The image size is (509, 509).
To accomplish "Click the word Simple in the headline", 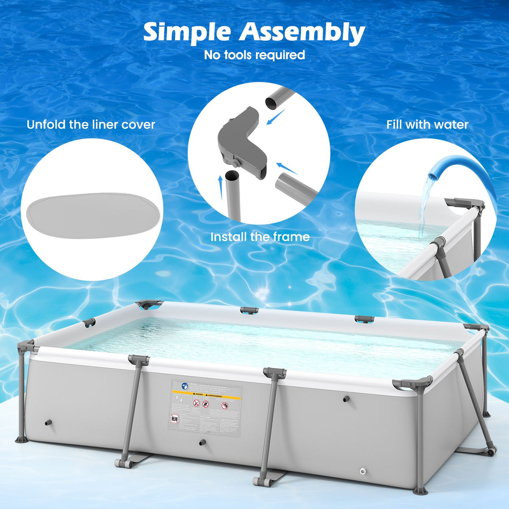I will coord(187,32).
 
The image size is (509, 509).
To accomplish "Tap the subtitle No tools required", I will coord(255,55).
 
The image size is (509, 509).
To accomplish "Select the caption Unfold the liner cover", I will coord(91,125).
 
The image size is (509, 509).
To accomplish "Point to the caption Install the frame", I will coord(260,237).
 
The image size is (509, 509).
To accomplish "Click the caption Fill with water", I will coord(427,125).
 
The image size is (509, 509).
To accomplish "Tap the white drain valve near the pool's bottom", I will coord(363,471).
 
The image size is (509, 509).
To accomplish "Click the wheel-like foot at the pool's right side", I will coord(492,452).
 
